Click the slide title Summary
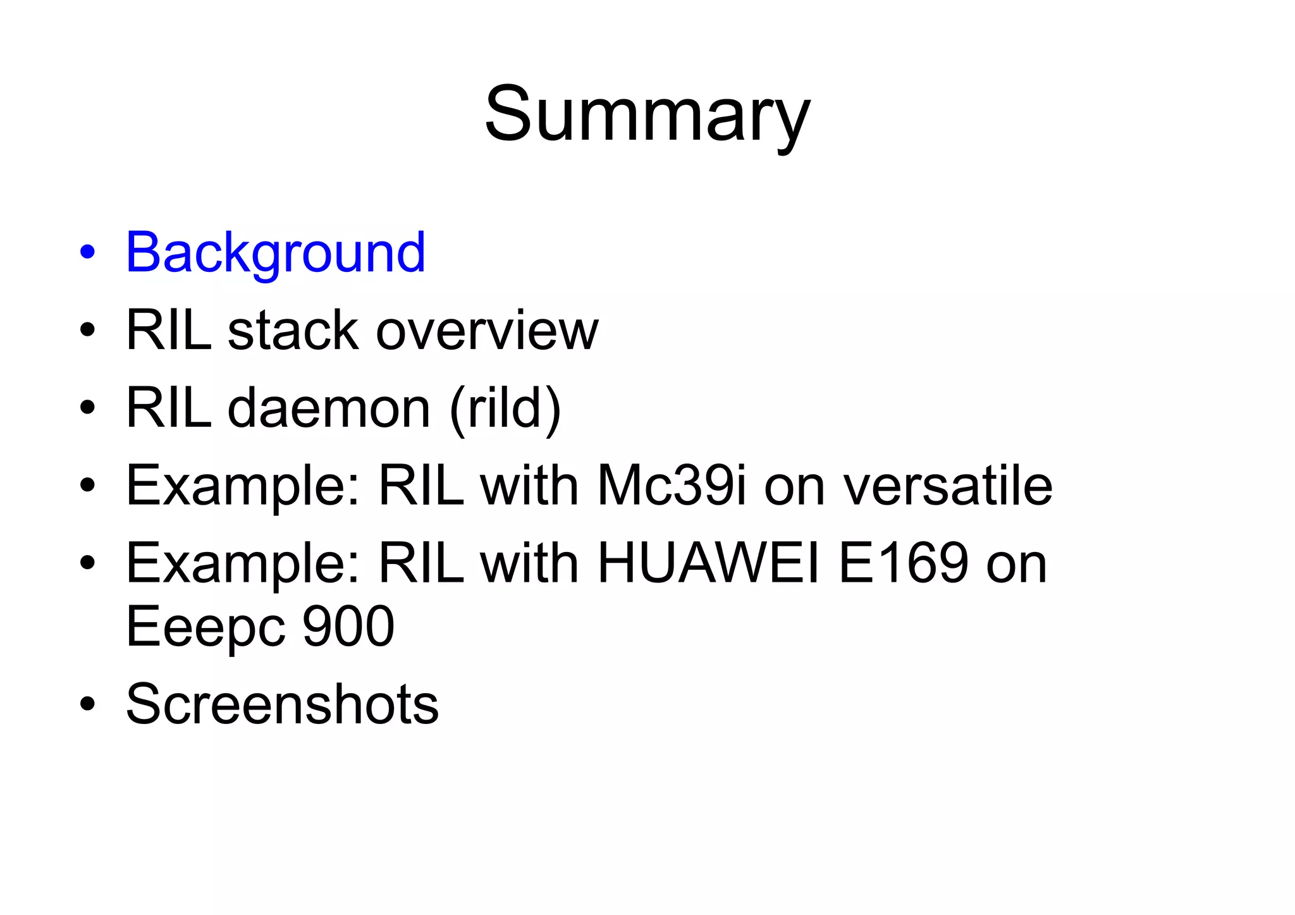click(647, 116)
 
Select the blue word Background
click(276, 253)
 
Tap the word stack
click(293, 331)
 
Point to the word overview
click(487, 331)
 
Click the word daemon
click(329, 408)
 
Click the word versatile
click(948, 486)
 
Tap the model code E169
click(903, 563)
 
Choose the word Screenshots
click(282, 704)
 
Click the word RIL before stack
click(169, 331)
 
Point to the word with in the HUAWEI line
click(529, 563)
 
